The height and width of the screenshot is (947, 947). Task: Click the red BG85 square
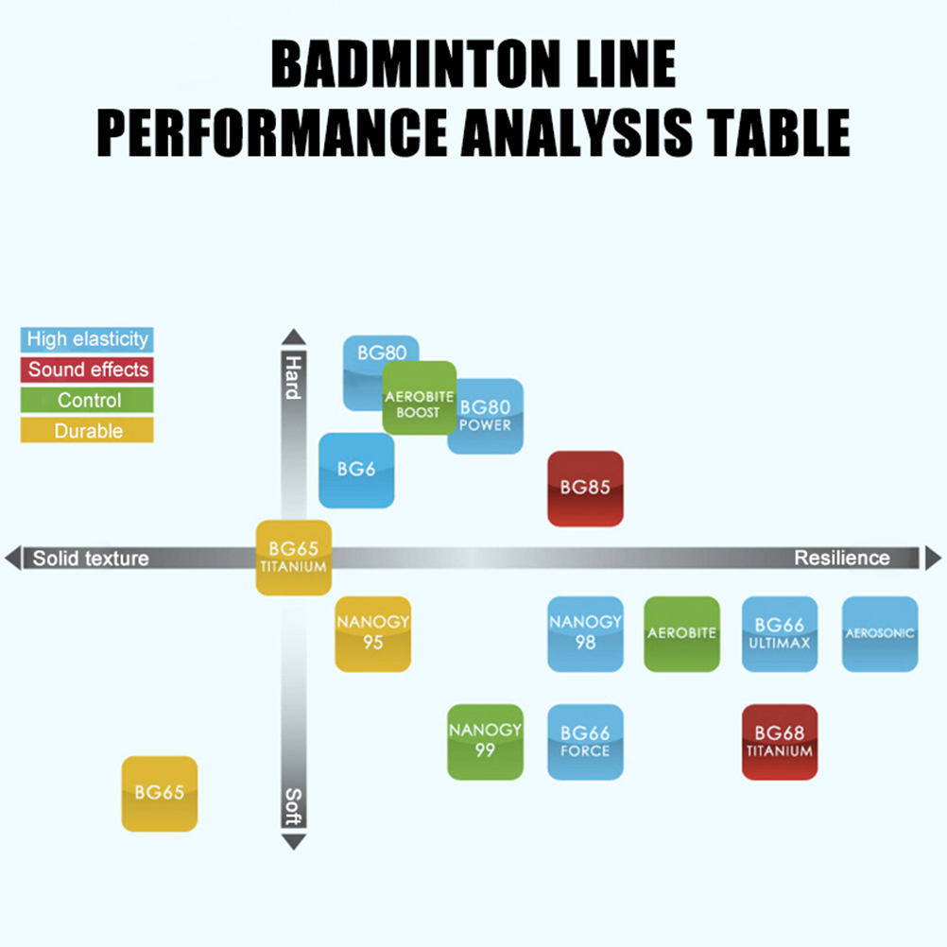585,489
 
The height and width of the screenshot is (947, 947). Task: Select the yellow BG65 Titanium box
294,558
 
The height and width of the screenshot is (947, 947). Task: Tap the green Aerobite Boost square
419,398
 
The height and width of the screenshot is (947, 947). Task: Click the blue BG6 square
356,470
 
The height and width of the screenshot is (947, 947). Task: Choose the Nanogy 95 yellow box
372,633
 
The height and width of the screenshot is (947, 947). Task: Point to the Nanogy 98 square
585,633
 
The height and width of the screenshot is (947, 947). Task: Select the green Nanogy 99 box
485,742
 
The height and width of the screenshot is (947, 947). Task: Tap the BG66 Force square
585,742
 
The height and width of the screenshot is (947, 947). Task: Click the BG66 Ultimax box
780,633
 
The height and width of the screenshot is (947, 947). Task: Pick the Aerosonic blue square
880,633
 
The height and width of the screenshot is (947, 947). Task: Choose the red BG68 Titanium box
780,742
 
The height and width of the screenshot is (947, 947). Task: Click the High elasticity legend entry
87,339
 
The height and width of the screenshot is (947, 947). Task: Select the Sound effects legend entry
87,370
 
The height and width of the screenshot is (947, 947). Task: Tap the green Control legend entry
87,400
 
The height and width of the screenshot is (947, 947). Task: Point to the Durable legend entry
87,431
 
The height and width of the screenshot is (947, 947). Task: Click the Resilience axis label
841,558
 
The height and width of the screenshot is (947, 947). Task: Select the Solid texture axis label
91,558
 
